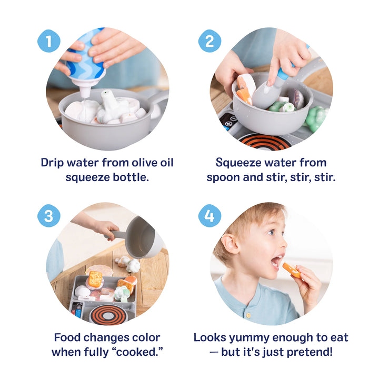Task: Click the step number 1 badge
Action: [48, 41]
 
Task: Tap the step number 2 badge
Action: [209, 41]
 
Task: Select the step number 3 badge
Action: [48, 216]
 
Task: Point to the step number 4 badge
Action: [209, 216]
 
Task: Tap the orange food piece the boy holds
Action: [292, 270]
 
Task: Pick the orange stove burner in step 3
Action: [108, 314]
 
